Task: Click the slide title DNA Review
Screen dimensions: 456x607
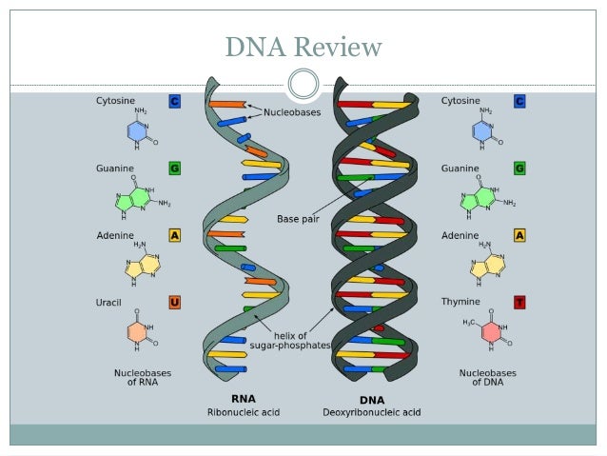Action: coord(303,47)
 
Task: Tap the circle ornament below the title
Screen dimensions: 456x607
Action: coord(303,84)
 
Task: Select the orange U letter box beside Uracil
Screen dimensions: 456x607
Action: coord(174,303)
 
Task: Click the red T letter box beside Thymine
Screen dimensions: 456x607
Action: coord(519,303)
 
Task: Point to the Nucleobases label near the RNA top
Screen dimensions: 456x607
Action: coord(293,112)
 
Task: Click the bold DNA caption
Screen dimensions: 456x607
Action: coord(372,401)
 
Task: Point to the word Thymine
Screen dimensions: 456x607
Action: coord(460,303)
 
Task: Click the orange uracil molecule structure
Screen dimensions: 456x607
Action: coord(139,331)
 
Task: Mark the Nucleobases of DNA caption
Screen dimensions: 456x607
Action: coord(486,378)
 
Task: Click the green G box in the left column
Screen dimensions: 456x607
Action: coord(174,168)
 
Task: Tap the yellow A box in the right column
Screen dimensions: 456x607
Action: coord(519,235)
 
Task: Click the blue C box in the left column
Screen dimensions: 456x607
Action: coord(174,100)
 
